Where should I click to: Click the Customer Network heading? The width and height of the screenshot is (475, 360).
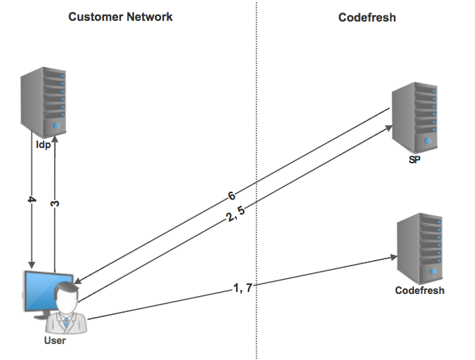tap(120, 17)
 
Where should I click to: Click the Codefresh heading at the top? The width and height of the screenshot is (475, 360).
tap(367, 17)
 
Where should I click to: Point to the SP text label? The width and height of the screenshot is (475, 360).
tap(415, 160)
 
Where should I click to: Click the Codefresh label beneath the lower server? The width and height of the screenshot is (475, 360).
tap(419, 290)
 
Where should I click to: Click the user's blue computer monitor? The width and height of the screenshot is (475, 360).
tap(39, 292)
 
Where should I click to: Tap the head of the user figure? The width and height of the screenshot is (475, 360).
tap(67, 295)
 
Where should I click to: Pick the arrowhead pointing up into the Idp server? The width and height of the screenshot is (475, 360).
tap(56, 140)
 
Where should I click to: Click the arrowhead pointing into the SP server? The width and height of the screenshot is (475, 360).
tap(389, 127)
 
